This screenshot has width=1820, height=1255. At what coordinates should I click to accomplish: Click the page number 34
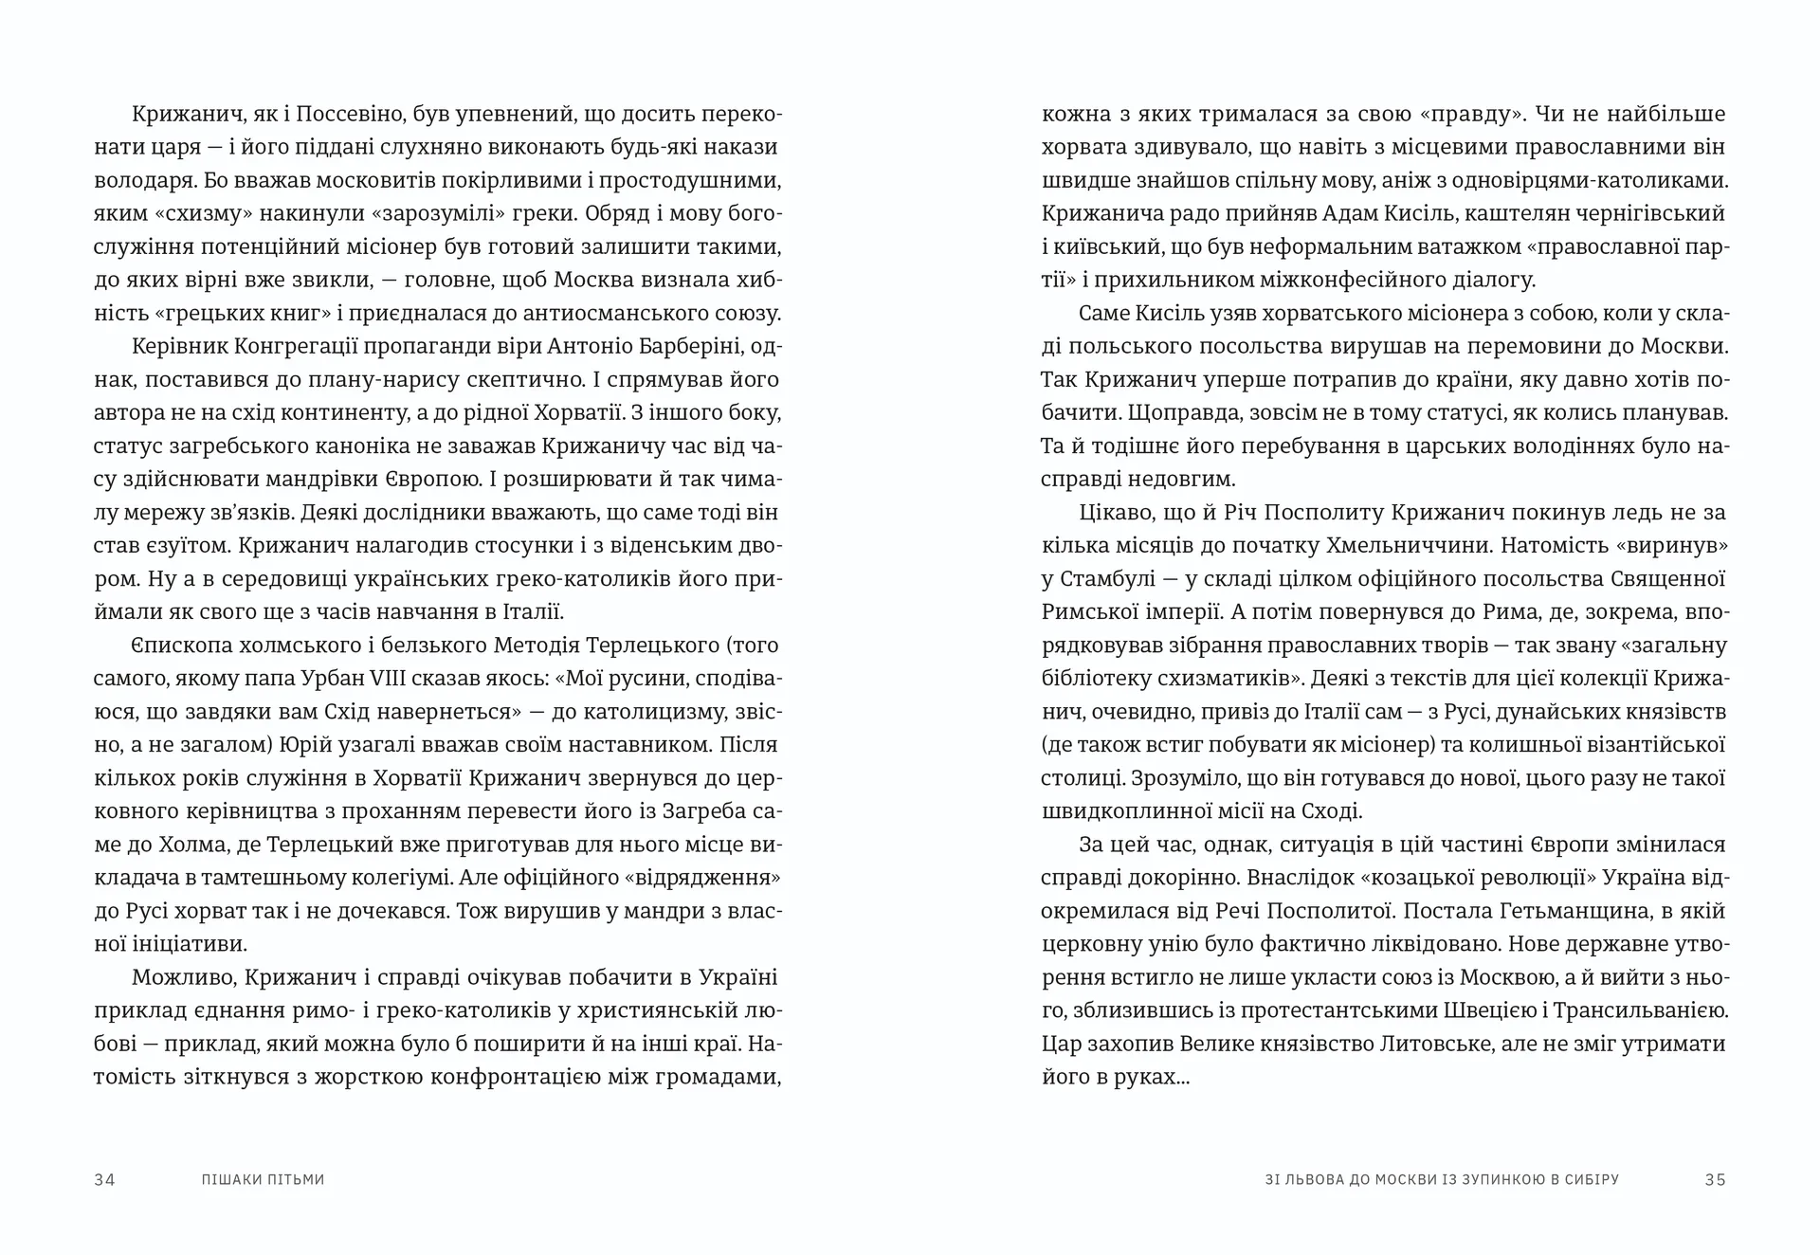pyautogui.click(x=104, y=1179)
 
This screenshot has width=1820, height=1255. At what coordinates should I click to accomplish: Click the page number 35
pyautogui.click(x=1715, y=1179)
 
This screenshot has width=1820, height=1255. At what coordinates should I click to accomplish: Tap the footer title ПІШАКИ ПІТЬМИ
pyautogui.click(x=263, y=1179)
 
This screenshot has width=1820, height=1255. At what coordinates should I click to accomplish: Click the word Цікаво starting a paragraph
pyautogui.click(x=1110, y=513)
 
